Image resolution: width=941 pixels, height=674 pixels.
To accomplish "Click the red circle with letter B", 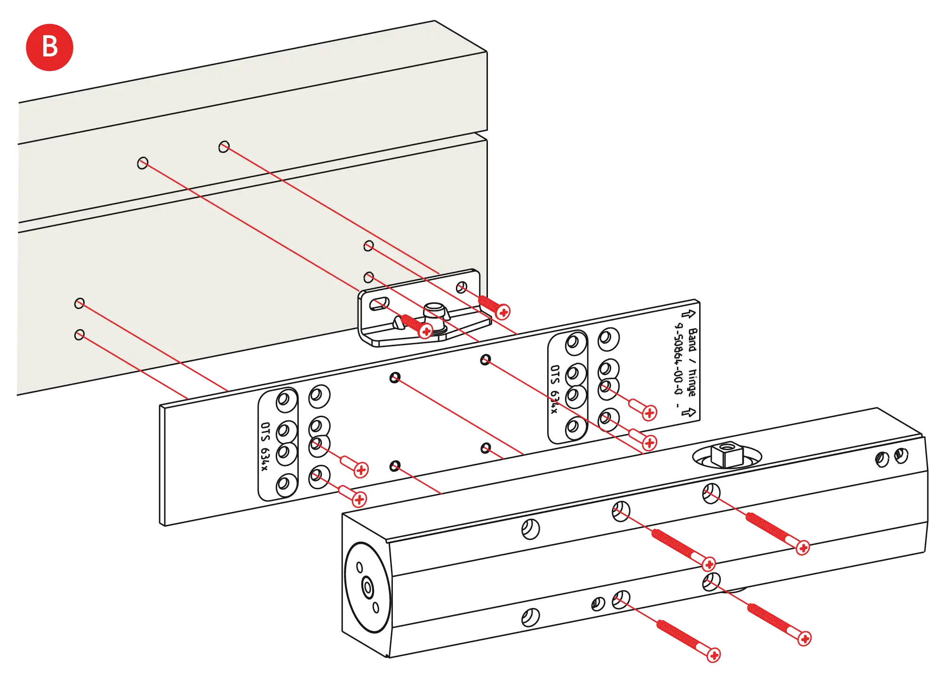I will click(49, 47).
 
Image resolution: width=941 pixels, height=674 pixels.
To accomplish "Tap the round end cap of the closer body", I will click(367, 587).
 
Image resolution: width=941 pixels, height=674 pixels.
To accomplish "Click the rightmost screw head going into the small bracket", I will click(503, 312).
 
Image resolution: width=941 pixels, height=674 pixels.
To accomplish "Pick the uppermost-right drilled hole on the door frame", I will click(224, 147).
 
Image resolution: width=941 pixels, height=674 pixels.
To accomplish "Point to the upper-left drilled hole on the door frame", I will click(143, 163).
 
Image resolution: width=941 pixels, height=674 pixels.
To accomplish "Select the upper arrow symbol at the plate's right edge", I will click(690, 314).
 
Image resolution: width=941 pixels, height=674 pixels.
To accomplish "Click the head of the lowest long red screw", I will click(714, 655).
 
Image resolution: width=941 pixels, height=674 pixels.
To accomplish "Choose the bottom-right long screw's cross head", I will click(805, 638).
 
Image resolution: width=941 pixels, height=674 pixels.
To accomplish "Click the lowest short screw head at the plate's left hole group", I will click(359, 499).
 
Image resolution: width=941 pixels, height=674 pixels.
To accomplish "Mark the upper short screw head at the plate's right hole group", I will click(650, 413).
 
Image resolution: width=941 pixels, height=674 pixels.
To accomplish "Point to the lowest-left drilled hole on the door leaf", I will click(80, 334).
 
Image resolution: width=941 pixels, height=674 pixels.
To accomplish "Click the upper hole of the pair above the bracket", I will click(369, 246).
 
